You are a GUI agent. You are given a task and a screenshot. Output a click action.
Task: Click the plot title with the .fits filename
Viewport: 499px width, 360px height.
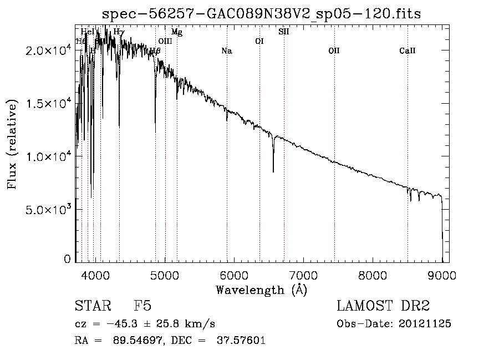coord(262,14)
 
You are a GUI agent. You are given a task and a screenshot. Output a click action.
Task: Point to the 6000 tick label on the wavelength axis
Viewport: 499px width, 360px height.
coord(234,275)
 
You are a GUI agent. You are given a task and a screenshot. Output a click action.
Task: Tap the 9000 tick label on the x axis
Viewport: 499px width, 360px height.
coord(442,275)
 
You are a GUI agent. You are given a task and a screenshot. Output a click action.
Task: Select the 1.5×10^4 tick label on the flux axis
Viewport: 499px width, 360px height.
coord(47,104)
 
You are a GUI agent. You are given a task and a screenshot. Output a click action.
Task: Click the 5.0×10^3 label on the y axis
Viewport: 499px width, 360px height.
coord(47,210)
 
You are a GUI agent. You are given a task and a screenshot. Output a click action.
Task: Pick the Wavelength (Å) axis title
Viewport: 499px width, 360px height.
coord(261,290)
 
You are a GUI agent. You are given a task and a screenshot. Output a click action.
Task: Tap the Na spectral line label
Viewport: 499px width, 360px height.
coord(226,51)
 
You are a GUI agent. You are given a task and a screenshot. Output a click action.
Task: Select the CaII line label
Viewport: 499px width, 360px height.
coord(407,51)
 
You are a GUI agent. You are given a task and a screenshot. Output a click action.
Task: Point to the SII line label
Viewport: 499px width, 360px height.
coord(283,32)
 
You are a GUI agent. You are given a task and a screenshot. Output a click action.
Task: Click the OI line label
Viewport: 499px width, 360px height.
coord(259,41)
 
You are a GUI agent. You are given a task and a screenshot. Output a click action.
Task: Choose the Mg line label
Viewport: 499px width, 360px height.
coord(176,33)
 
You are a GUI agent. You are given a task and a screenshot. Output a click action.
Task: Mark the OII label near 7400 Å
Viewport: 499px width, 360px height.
coord(334,51)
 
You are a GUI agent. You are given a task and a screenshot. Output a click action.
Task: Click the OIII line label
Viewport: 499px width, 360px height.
coord(165,41)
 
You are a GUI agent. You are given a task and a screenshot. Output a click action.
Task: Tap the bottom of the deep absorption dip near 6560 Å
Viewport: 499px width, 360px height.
coord(273,172)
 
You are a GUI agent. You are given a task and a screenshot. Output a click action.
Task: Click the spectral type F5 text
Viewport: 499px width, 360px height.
coord(143,306)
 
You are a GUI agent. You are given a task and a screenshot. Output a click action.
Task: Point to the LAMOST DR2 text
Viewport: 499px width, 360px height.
coord(383,306)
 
